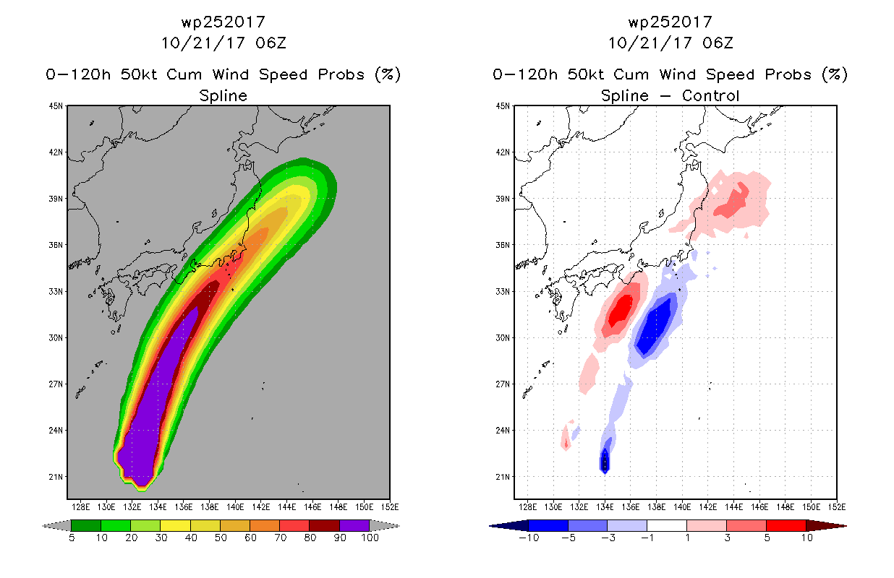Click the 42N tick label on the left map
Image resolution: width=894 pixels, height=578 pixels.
coord(56,152)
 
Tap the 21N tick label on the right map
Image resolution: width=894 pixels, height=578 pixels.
coord(503,477)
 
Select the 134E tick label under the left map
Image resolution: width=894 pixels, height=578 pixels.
coord(158,507)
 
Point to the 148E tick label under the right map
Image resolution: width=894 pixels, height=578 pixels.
coord(785,507)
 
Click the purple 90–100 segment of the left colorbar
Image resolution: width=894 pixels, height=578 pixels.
coord(354,525)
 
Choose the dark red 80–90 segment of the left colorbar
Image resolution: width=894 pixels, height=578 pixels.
coord(325,525)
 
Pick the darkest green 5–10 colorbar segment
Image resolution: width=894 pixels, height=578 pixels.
coord(86,525)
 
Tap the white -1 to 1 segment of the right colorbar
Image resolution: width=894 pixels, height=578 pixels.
coord(667,525)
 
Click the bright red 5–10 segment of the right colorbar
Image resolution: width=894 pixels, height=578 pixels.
coord(786,525)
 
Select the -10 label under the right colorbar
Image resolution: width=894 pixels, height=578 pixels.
coord(529,538)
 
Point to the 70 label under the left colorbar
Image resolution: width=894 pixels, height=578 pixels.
coord(280,538)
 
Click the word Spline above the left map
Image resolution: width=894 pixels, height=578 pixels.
coord(223,96)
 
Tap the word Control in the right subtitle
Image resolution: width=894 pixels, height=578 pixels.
coord(710,96)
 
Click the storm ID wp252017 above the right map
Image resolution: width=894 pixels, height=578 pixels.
coord(670,22)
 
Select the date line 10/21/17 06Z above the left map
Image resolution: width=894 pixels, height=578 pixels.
coord(223,43)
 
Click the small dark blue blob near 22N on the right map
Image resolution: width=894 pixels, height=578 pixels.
coord(605,461)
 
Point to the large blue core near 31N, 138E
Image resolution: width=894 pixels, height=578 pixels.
coord(655,325)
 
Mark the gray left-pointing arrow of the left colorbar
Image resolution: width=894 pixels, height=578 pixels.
coord(56,525)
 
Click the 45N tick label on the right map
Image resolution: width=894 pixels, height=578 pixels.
coord(503,106)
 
